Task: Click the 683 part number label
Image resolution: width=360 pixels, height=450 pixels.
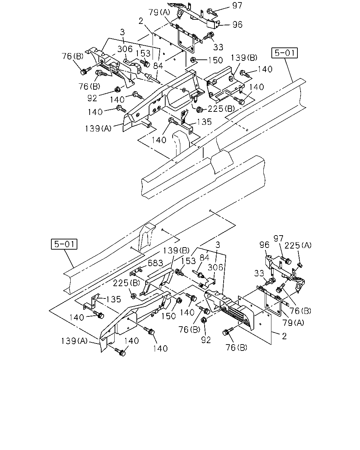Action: click(155, 263)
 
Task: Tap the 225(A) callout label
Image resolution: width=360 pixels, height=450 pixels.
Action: click(298, 245)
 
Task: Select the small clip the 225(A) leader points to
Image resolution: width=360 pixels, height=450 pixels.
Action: click(300, 265)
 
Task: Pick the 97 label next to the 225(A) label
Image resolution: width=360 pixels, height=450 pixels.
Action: click(278, 238)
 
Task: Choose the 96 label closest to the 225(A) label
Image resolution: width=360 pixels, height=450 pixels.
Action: click(264, 245)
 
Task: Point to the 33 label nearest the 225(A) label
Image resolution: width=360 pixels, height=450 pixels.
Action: click(259, 273)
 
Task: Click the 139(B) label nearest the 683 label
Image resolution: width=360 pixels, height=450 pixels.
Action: click(176, 251)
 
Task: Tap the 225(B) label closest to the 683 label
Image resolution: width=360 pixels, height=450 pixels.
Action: click(126, 283)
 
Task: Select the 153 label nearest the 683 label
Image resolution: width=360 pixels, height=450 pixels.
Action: click(188, 261)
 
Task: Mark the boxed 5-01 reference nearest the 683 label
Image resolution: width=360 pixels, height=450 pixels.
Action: click(64, 244)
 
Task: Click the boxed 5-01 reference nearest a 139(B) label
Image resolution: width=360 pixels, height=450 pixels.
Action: click(284, 53)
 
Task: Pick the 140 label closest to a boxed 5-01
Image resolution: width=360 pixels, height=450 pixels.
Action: click(265, 69)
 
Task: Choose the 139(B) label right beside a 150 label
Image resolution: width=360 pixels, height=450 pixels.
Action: click(244, 58)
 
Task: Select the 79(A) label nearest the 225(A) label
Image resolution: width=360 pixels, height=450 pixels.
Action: click(293, 323)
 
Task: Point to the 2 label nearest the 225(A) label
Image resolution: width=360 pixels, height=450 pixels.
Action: click(284, 336)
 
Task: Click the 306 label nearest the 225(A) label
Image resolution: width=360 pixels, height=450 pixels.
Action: click(215, 267)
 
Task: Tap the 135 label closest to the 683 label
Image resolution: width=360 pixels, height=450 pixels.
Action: click(114, 299)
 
